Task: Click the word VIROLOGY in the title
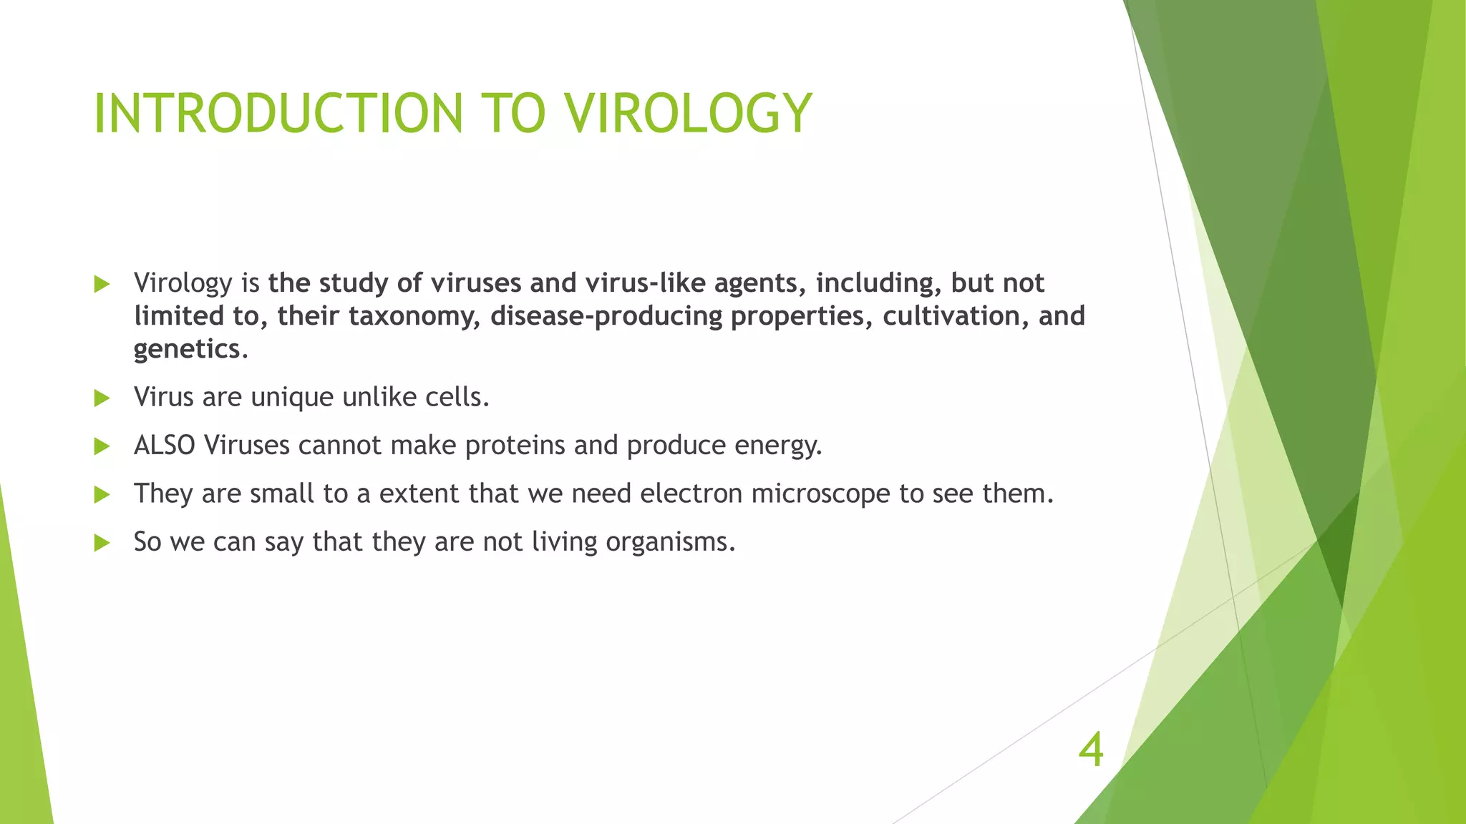click(687, 114)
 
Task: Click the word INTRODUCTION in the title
click(279, 114)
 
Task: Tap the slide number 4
click(1091, 750)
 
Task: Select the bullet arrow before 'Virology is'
click(102, 284)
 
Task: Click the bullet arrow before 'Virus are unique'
click(102, 398)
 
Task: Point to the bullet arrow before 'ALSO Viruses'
click(102, 446)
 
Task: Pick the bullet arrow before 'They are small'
click(102, 494)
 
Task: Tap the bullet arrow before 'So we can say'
click(102, 543)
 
